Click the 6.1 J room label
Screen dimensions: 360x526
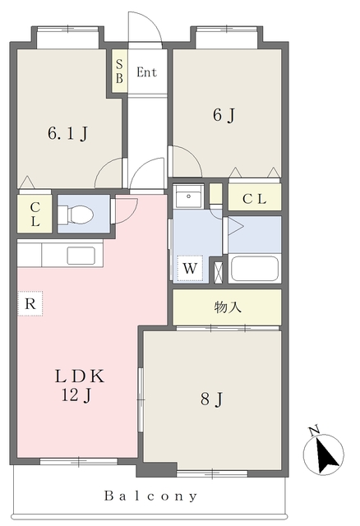tap(68, 133)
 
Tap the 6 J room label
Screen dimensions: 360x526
tap(224, 115)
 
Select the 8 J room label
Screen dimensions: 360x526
tap(212, 399)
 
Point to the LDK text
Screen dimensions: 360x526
tap(80, 376)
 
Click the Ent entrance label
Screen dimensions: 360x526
tap(146, 72)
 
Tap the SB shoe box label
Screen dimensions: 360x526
tap(119, 72)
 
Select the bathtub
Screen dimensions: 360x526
tap(255, 269)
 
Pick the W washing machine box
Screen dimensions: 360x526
tap(190, 269)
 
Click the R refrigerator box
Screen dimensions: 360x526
tap(30, 303)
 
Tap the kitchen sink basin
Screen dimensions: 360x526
tap(81, 256)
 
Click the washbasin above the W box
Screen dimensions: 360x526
tap(188, 196)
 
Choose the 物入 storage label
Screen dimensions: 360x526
tap(228, 307)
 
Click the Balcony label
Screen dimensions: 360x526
tap(150, 496)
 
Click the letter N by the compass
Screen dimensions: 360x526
tap(314, 431)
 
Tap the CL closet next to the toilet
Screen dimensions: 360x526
tap(35, 214)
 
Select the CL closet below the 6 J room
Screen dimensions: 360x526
tap(255, 199)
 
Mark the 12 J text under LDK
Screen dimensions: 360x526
tap(76, 395)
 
